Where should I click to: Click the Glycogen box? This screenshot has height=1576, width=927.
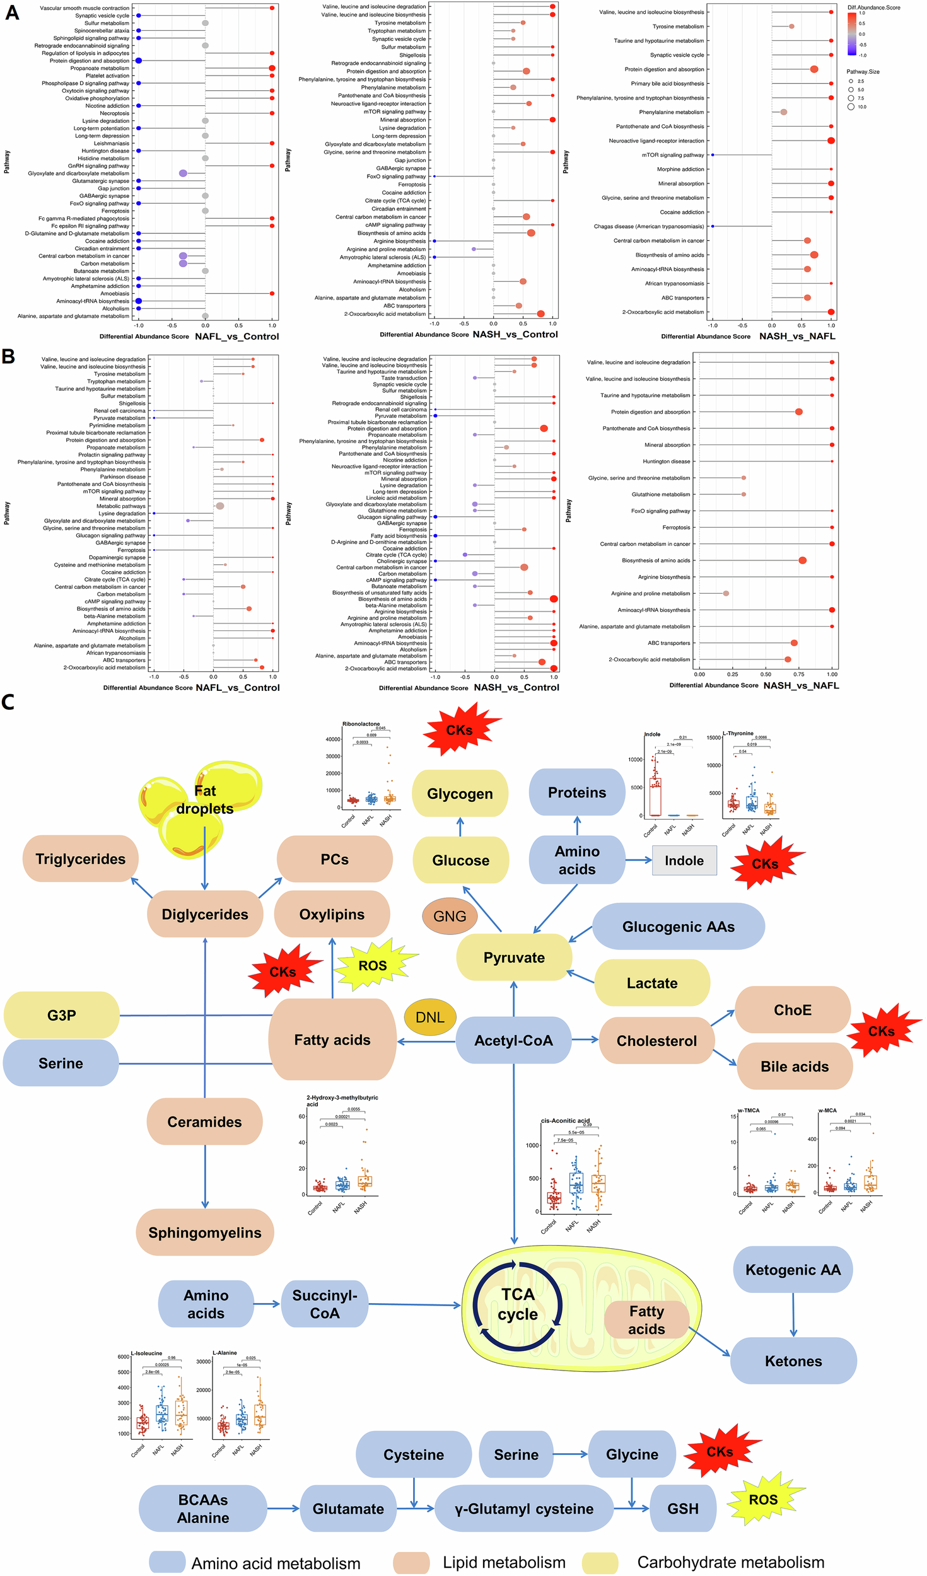[x=460, y=794]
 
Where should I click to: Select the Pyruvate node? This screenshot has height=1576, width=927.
[x=514, y=958]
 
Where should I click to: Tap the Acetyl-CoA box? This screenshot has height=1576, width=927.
[x=513, y=1041]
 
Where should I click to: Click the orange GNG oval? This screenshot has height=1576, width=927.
[x=450, y=916]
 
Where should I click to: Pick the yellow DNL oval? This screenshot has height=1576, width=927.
[x=430, y=1017]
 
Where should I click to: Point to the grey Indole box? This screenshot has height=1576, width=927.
[x=684, y=860]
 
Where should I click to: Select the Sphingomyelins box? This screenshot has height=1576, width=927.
[x=205, y=1232]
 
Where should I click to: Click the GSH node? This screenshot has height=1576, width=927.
[x=683, y=1509]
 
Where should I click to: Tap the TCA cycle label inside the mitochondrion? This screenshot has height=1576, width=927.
[x=518, y=1304]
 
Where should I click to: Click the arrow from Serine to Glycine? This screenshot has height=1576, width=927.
[x=570, y=1454]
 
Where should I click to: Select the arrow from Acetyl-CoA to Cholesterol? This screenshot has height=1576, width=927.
[x=585, y=1040]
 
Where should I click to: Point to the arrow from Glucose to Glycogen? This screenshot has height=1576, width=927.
[x=460, y=826]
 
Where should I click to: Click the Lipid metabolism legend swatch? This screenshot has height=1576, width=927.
[x=411, y=1563]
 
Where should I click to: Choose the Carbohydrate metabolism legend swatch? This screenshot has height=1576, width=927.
[x=600, y=1563]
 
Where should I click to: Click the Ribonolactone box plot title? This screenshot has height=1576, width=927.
[x=361, y=724]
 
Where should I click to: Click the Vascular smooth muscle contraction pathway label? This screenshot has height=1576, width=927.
[x=85, y=8]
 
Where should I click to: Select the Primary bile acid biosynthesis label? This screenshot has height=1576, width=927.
[x=667, y=83]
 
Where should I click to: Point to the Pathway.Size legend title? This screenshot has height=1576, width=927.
[x=863, y=72]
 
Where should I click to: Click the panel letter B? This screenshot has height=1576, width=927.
[x=8, y=357]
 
